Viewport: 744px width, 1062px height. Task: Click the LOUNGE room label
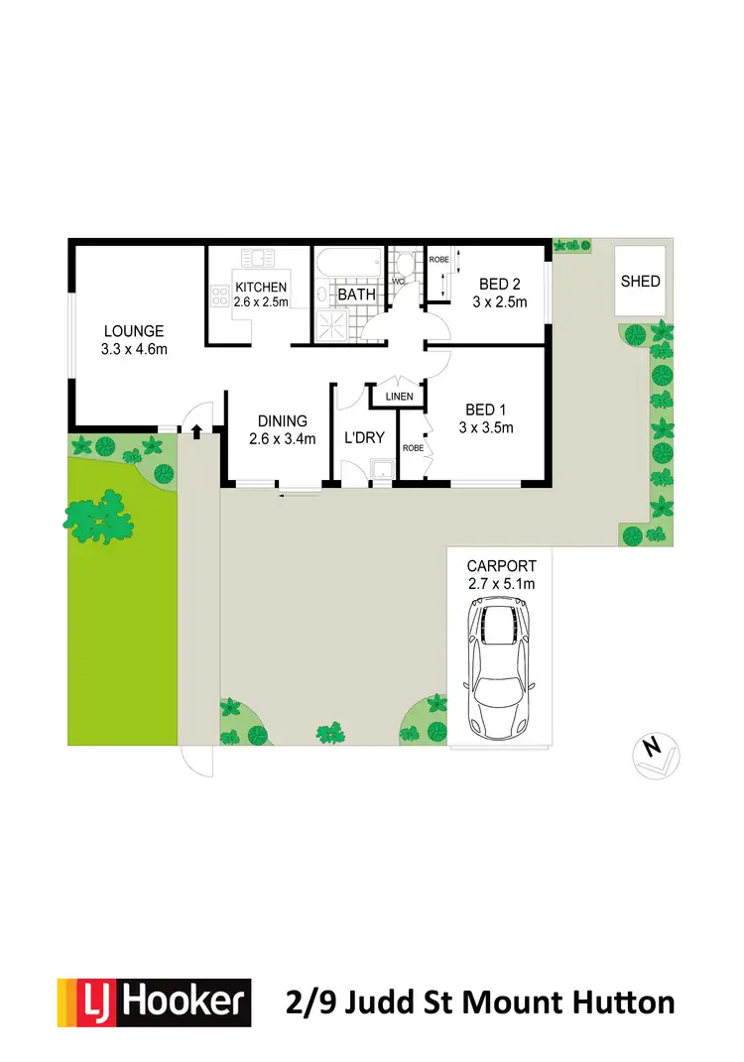[x=132, y=331]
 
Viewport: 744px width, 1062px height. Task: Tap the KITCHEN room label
[x=261, y=288]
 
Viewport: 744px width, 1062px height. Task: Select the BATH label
[x=356, y=295]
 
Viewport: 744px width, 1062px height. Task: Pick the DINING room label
[x=282, y=420]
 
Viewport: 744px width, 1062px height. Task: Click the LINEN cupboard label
[x=398, y=398]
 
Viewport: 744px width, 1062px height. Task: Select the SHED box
[x=640, y=281]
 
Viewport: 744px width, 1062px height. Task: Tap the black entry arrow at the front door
[x=196, y=430]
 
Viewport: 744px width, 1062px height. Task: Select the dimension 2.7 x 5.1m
[x=501, y=584]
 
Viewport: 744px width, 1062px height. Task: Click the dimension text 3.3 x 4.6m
[x=132, y=349]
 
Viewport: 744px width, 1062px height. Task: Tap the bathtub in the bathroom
[x=348, y=266]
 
